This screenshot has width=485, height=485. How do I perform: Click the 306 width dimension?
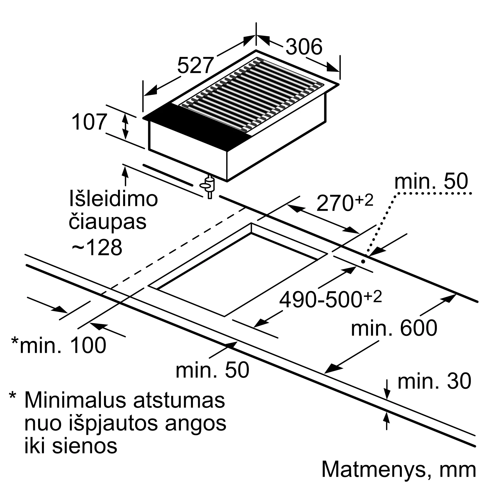point(304,47)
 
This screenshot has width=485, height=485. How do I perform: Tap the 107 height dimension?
point(89,122)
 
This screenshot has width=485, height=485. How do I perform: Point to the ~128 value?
point(97,247)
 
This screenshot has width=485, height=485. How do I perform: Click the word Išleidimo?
point(113,199)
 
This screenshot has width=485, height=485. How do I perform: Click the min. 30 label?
point(434,381)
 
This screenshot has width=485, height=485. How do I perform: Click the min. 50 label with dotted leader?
point(431,181)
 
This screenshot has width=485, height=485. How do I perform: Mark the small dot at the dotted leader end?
point(363,261)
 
